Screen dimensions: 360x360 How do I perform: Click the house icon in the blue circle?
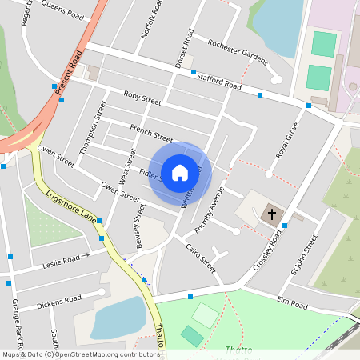click(180, 172)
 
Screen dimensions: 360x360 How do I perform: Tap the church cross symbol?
click(272, 214)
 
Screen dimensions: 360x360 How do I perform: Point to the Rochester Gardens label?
click(237, 50)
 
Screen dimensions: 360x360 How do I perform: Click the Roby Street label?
click(142, 98)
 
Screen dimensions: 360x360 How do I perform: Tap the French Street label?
click(151, 134)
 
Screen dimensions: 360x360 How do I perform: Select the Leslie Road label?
click(62, 261)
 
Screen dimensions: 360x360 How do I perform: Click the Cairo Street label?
click(202, 258)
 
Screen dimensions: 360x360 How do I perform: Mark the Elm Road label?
click(292, 304)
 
